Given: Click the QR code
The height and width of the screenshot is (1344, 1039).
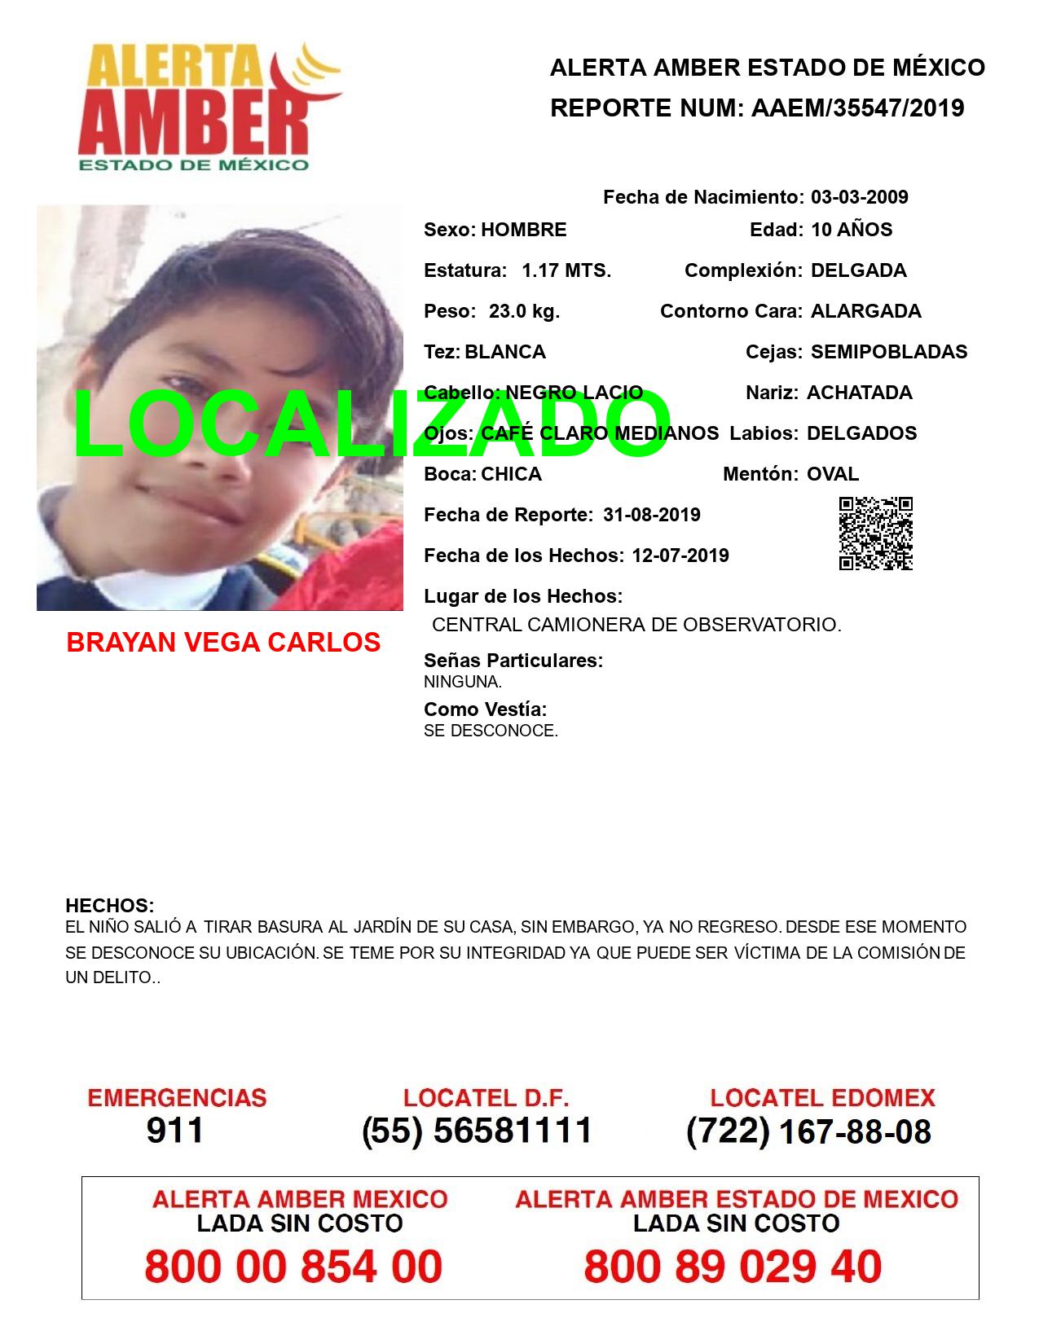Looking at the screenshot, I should (x=876, y=534).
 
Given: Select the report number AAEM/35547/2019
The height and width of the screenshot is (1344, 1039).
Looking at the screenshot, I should (x=857, y=108).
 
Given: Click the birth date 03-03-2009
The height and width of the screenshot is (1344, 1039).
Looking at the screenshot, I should (x=859, y=197).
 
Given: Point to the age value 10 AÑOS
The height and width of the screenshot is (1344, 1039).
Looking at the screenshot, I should (x=851, y=230).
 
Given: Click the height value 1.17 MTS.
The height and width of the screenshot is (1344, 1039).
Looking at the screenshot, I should (x=566, y=270).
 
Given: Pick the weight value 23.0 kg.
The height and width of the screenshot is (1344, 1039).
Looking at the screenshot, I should (x=524, y=311).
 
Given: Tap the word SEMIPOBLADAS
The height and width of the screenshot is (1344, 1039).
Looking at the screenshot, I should (x=889, y=352).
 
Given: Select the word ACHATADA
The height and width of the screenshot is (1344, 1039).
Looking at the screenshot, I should (x=859, y=393).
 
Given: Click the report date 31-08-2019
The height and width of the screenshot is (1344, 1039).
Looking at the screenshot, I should (x=651, y=515).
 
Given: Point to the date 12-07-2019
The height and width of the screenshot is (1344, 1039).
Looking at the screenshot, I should (x=680, y=556).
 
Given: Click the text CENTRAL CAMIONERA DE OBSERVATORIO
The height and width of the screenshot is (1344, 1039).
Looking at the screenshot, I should (x=636, y=625).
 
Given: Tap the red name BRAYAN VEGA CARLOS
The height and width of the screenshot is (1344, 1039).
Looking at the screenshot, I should (x=223, y=643).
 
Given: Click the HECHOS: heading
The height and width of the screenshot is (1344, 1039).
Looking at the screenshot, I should (x=109, y=906).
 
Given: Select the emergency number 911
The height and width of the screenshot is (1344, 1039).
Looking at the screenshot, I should (x=175, y=1131).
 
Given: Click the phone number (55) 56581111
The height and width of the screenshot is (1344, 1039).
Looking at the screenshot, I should (x=478, y=1131).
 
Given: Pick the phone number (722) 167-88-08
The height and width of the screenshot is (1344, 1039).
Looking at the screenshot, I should (x=808, y=1131).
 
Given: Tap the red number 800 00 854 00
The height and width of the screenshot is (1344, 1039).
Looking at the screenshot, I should (x=293, y=1267).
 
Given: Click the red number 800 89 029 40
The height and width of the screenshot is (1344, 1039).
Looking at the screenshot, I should (x=733, y=1267).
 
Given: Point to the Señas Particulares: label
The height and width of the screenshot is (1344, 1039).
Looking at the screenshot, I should (x=513, y=661).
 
